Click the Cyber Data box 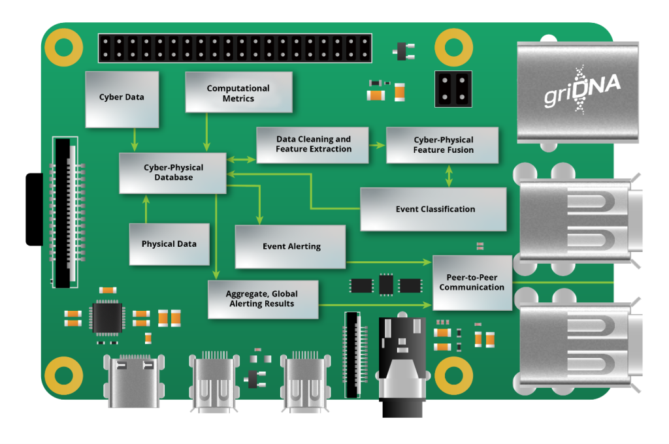(122, 98)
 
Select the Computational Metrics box (238, 93)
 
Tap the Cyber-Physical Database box (172, 172)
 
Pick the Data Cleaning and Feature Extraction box (313, 144)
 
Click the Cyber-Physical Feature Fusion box (442, 145)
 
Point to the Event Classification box (434, 209)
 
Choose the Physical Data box (169, 244)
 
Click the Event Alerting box (291, 246)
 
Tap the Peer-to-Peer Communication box (472, 283)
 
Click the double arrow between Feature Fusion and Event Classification (449, 175)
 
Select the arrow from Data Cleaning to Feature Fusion (377, 144)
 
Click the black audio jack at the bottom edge (402, 369)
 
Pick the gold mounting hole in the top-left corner (63, 48)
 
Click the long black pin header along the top (235, 48)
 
